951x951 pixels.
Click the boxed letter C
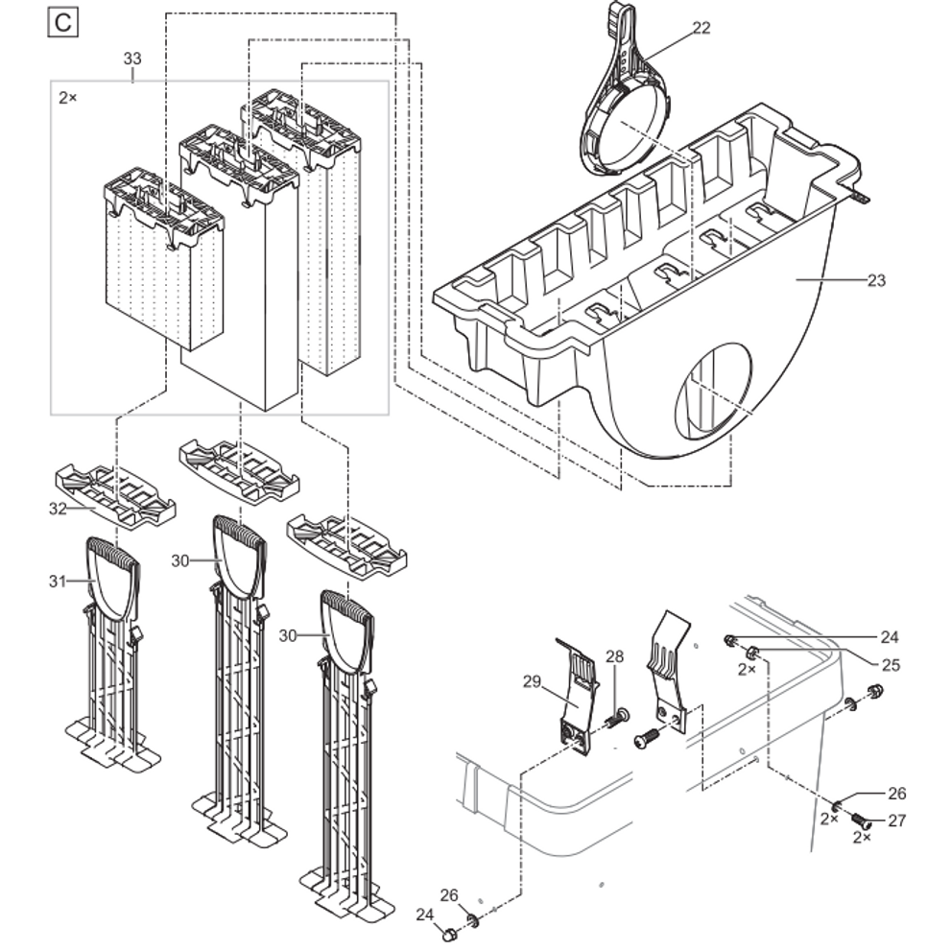pyautogui.click(x=62, y=23)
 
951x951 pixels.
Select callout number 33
pyautogui.click(x=132, y=59)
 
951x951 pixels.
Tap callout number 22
pyautogui.click(x=701, y=28)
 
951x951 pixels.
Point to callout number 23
pyautogui.click(x=876, y=280)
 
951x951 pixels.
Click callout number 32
pyautogui.click(x=58, y=509)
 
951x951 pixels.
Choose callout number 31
pyautogui.click(x=58, y=581)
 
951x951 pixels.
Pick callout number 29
pyautogui.click(x=533, y=681)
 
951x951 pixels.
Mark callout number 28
pyautogui.click(x=614, y=656)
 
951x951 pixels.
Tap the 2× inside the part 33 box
pyautogui.click(x=68, y=98)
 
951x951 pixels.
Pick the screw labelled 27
pyautogui.click(x=864, y=820)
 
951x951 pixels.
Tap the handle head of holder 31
pyautogui.click(x=113, y=581)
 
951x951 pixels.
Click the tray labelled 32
pyautogui.click(x=115, y=493)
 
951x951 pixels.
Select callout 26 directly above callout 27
pyautogui.click(x=896, y=794)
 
